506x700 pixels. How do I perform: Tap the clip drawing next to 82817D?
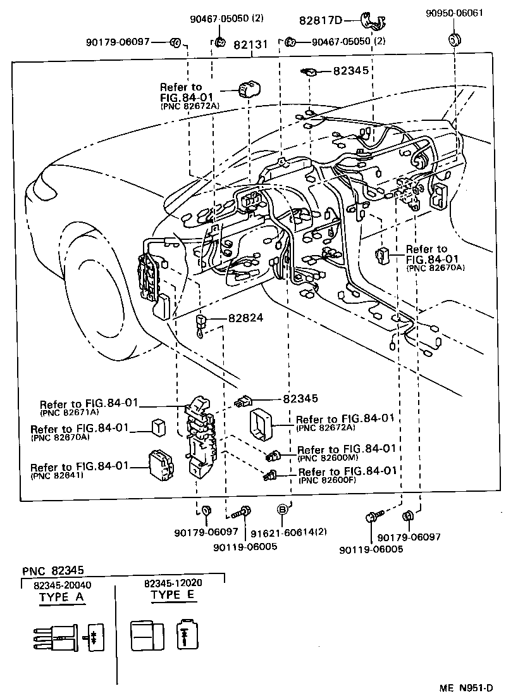373,21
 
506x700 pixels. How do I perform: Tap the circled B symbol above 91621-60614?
283,509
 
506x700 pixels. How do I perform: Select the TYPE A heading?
61,596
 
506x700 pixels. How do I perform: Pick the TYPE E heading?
173,595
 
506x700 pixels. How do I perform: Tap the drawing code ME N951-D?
467,687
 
